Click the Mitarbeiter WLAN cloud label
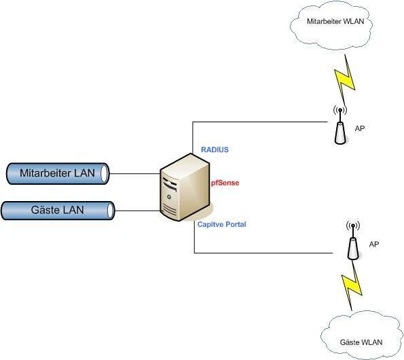335,21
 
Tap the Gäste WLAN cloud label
361,342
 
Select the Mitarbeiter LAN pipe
58,173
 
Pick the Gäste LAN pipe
58,211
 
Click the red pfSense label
225,183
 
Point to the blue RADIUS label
215,149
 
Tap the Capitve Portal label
221,224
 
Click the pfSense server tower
185,187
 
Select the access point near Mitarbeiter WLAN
340,126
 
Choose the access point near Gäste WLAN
352,240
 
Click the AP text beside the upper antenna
360,128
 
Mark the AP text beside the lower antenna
374,244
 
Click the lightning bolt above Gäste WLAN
352,285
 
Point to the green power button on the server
169,197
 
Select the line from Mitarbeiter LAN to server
135,174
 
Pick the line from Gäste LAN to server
137,211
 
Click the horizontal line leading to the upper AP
260,122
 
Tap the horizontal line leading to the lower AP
263,253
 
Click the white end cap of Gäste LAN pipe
111,211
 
